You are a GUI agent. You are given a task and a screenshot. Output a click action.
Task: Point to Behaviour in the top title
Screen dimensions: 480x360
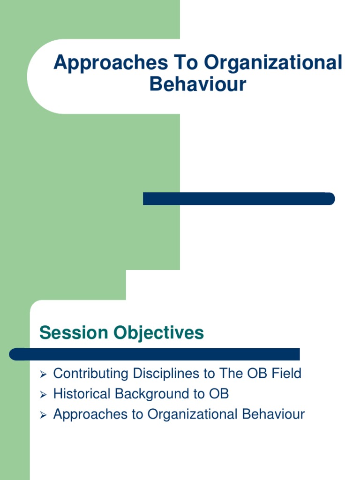coord(198,84)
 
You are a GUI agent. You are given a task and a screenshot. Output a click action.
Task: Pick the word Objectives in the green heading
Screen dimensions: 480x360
coord(158,333)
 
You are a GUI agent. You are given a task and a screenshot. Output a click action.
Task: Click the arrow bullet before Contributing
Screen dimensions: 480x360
coord(43,374)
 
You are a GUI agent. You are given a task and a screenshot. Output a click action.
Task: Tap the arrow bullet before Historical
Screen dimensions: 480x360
coord(43,394)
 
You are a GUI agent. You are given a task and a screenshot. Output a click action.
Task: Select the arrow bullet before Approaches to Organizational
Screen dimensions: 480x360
coord(43,415)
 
